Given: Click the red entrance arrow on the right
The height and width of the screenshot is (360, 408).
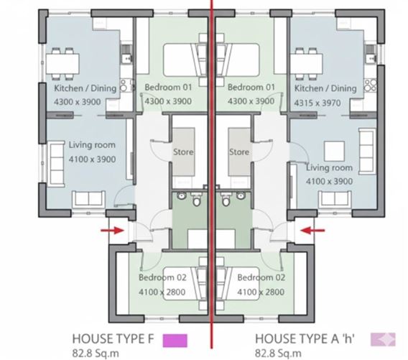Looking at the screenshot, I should click(x=313, y=230).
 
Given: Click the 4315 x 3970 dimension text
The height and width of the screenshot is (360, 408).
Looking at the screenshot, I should click(x=323, y=103).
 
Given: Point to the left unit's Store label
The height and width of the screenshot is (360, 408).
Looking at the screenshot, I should click(x=184, y=152).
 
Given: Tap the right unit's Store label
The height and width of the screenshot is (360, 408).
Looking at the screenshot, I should click(x=239, y=152).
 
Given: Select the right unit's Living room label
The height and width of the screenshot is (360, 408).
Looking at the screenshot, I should click(x=329, y=168).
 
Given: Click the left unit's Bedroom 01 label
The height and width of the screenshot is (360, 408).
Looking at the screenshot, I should click(x=169, y=88).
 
